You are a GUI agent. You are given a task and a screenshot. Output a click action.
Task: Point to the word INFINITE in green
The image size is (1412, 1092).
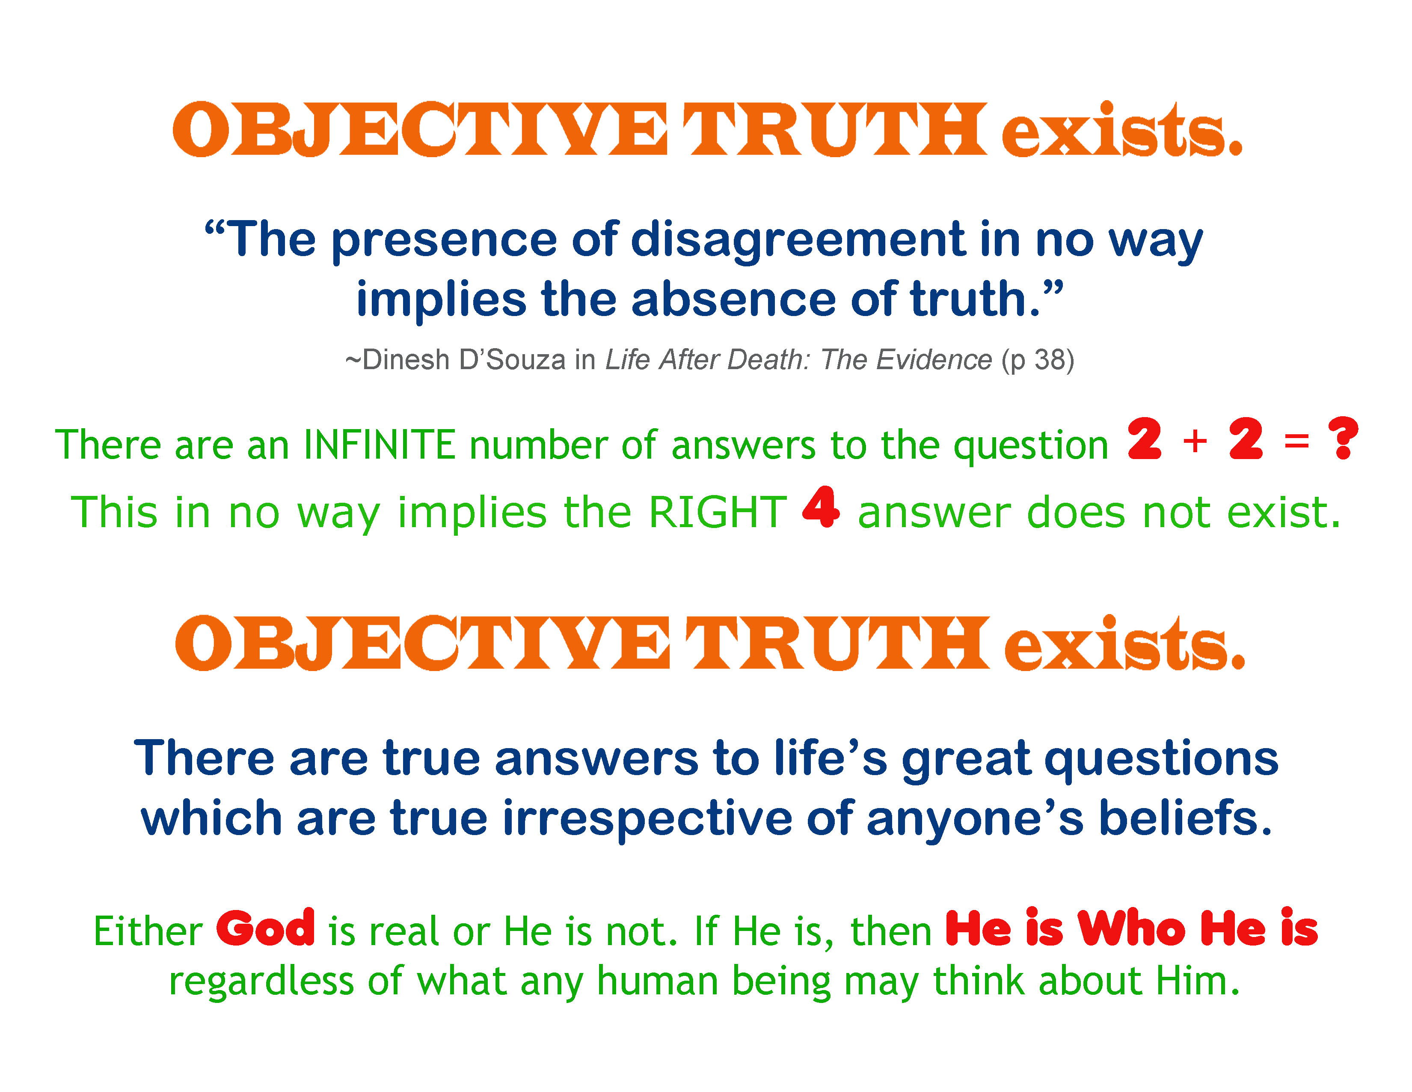click(380, 445)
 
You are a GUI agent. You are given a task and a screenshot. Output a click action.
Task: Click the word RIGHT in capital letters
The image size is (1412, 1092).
click(718, 512)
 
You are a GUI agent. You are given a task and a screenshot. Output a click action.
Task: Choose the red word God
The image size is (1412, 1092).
click(266, 928)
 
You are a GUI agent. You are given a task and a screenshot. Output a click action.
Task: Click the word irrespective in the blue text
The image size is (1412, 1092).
click(647, 819)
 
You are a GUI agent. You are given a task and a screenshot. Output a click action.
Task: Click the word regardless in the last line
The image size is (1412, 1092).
click(261, 982)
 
